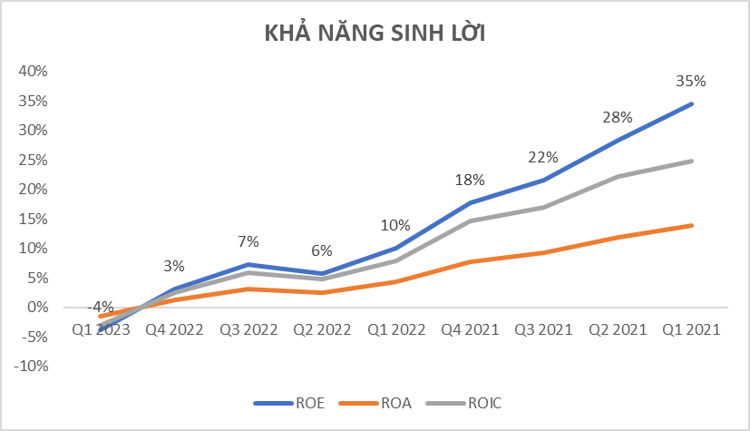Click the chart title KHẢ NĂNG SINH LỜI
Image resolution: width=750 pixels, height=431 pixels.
(x=375, y=34)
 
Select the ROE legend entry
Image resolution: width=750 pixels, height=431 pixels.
(x=299, y=403)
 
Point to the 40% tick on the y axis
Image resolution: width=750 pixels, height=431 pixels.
(x=33, y=71)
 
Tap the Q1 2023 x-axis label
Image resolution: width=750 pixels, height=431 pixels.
(x=99, y=330)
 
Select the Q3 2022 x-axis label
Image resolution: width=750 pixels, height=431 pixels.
(x=248, y=330)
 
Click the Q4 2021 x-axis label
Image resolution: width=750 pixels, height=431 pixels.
(x=471, y=330)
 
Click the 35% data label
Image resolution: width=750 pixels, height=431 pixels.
(x=692, y=81)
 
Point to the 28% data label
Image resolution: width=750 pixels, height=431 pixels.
(x=618, y=118)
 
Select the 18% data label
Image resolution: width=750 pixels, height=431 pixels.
(x=470, y=180)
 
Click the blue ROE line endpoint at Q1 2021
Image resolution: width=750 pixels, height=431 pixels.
(x=693, y=103)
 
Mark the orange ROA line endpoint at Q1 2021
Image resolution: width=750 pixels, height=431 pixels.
(x=693, y=225)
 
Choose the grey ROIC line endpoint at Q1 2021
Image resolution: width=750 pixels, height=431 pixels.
(x=693, y=161)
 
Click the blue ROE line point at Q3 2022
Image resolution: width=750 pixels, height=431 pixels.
(x=248, y=264)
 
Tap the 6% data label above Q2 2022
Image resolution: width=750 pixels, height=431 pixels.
(x=322, y=251)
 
